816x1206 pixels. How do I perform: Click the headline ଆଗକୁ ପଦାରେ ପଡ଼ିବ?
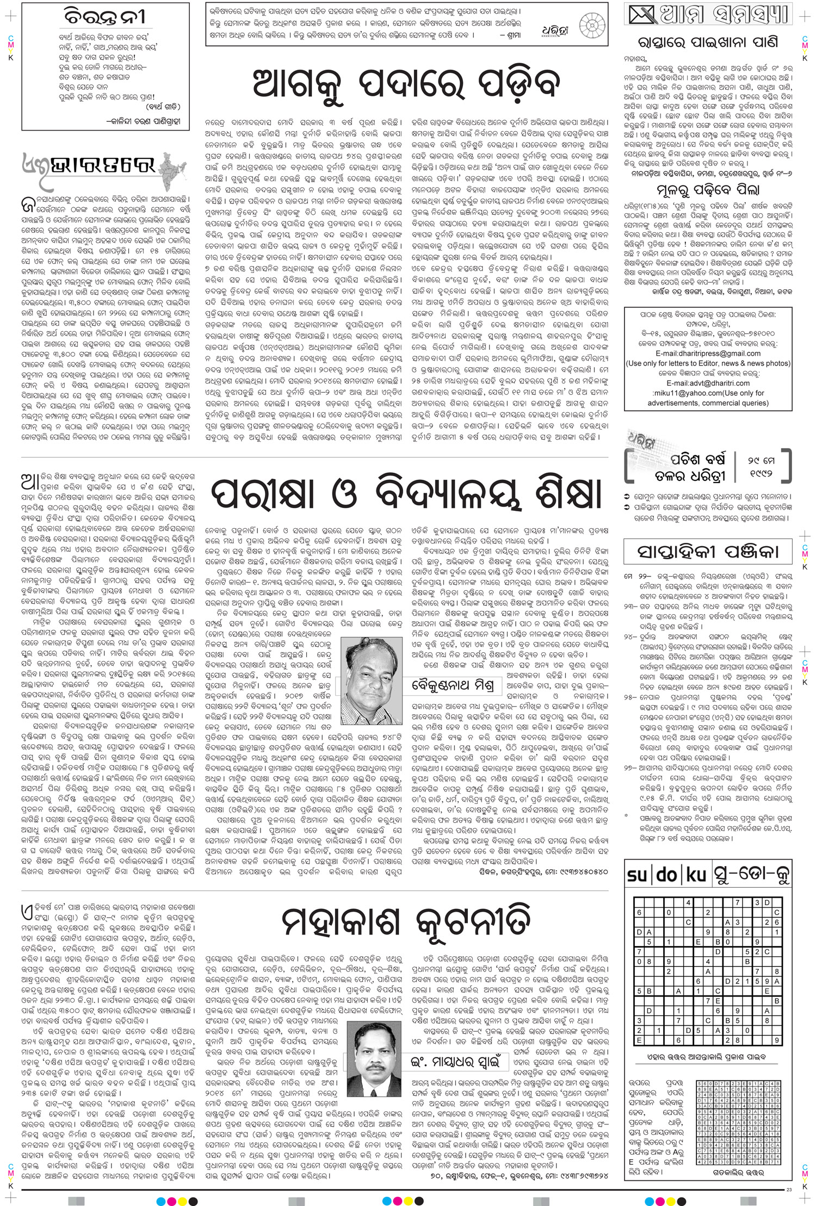(x=408, y=84)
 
